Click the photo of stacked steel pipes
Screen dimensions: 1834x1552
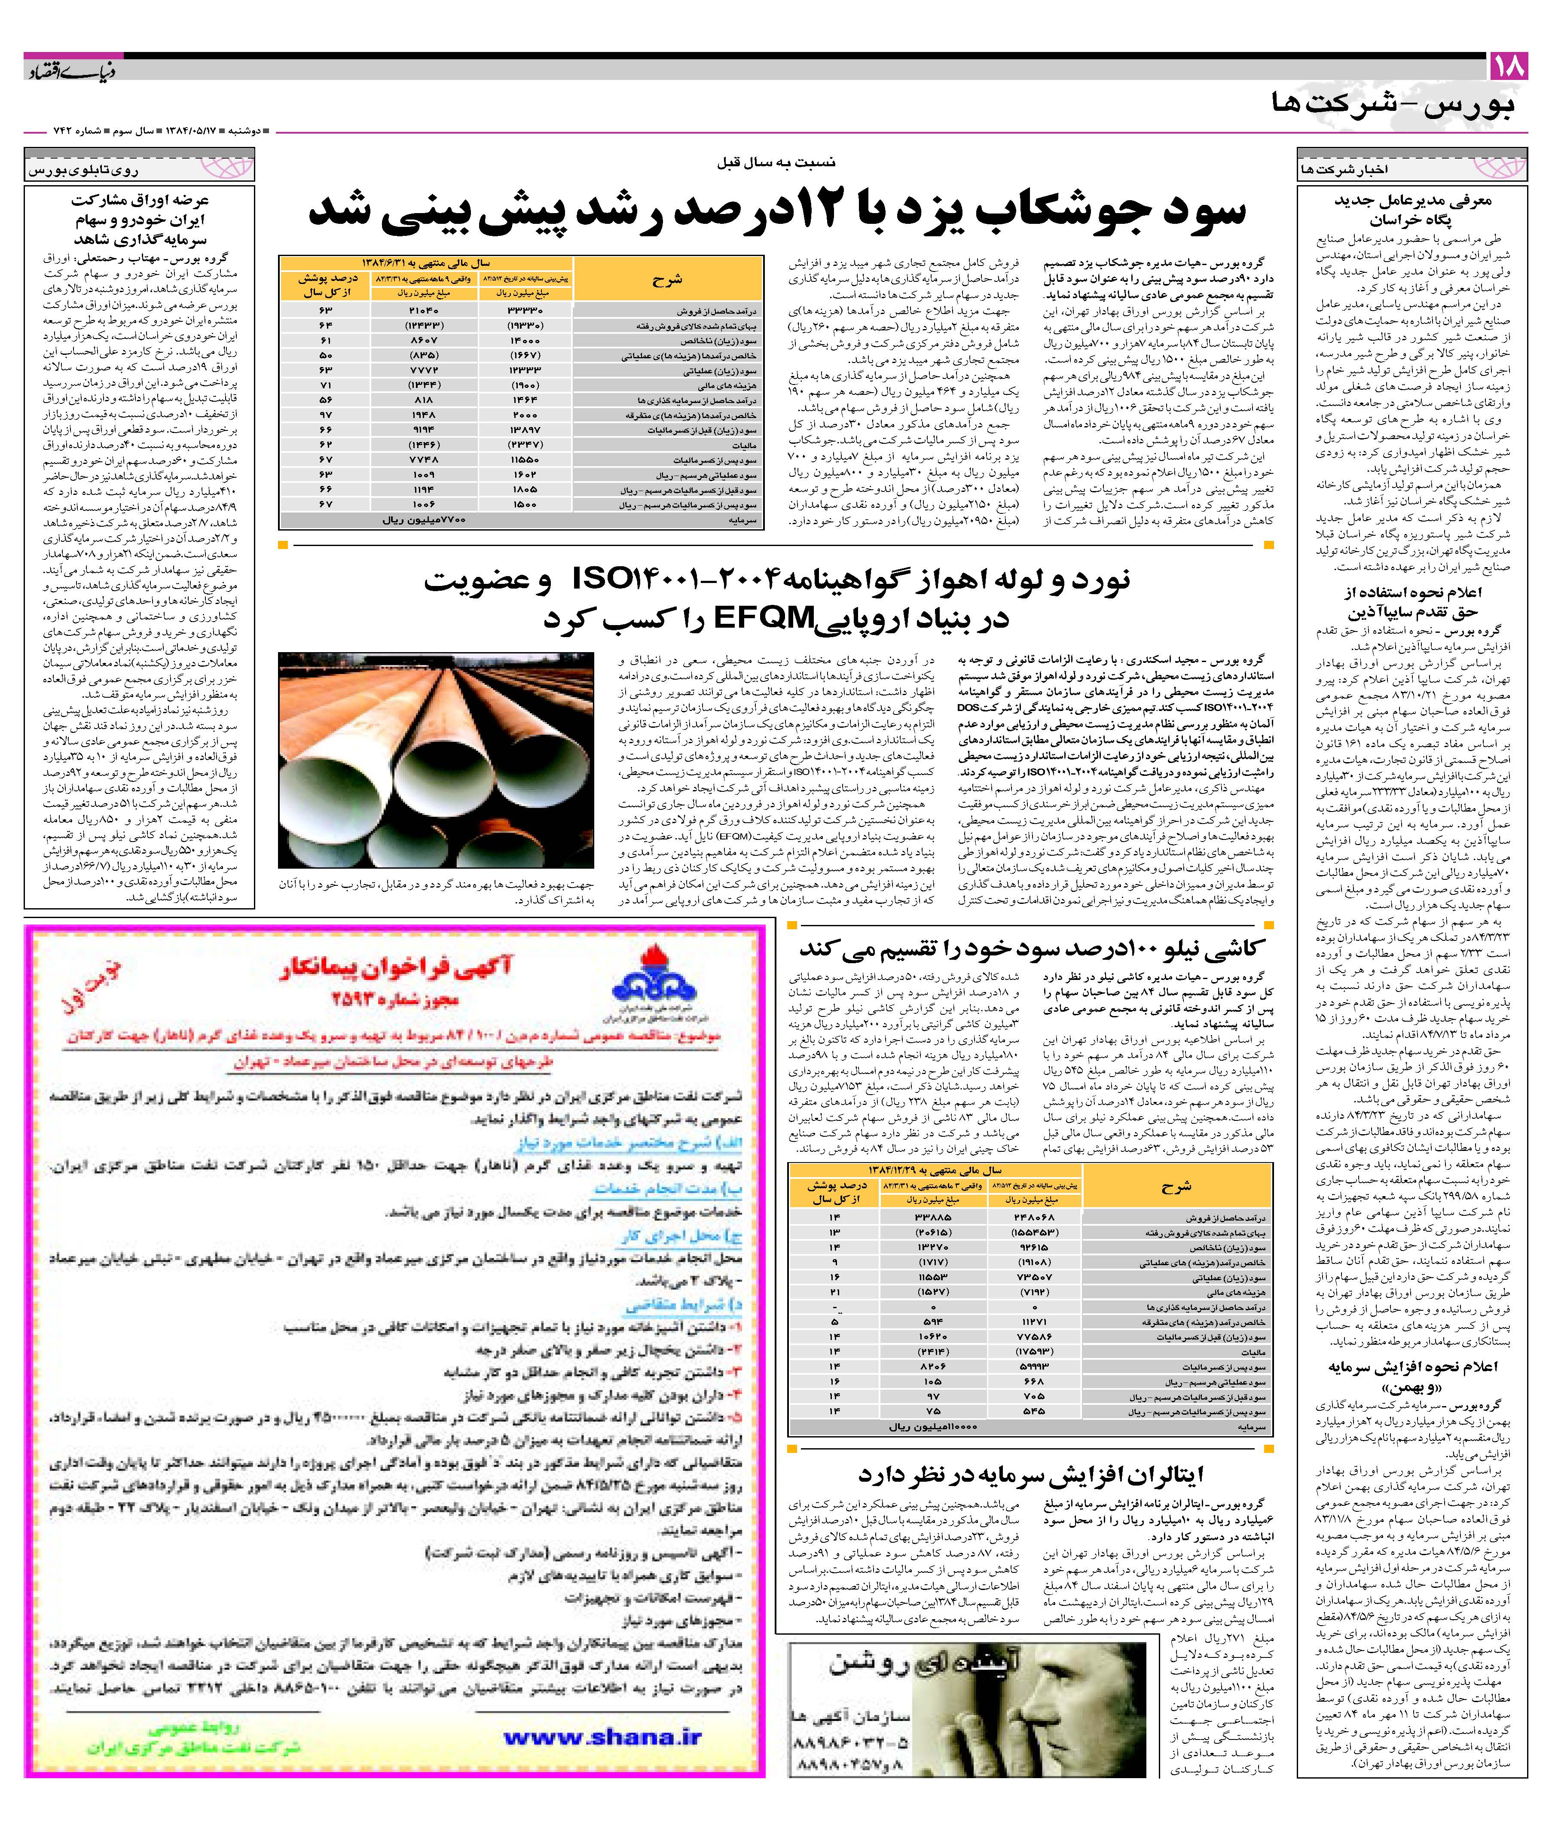point(436,760)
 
